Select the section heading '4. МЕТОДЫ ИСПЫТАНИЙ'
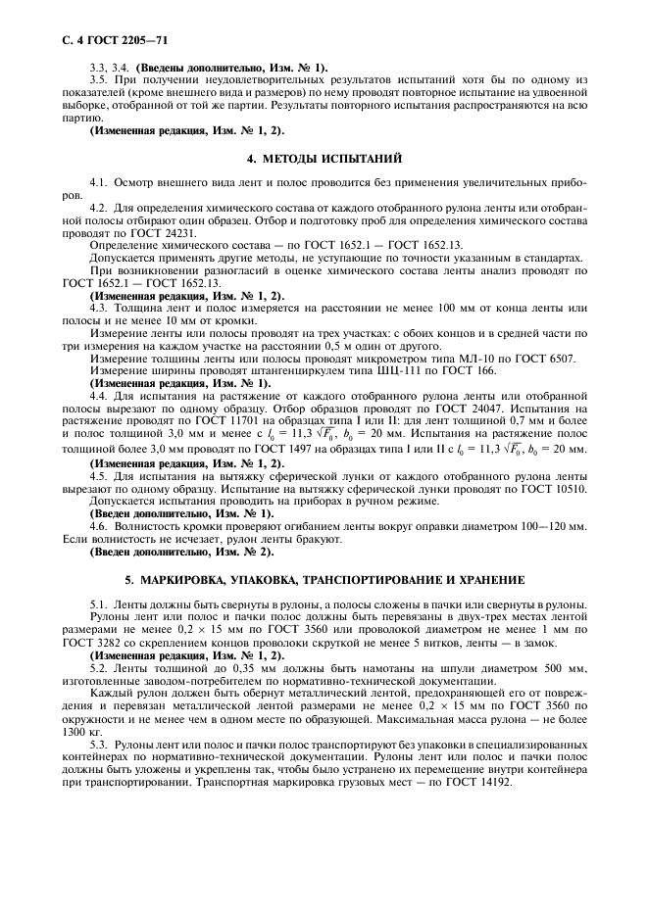(324, 158)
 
